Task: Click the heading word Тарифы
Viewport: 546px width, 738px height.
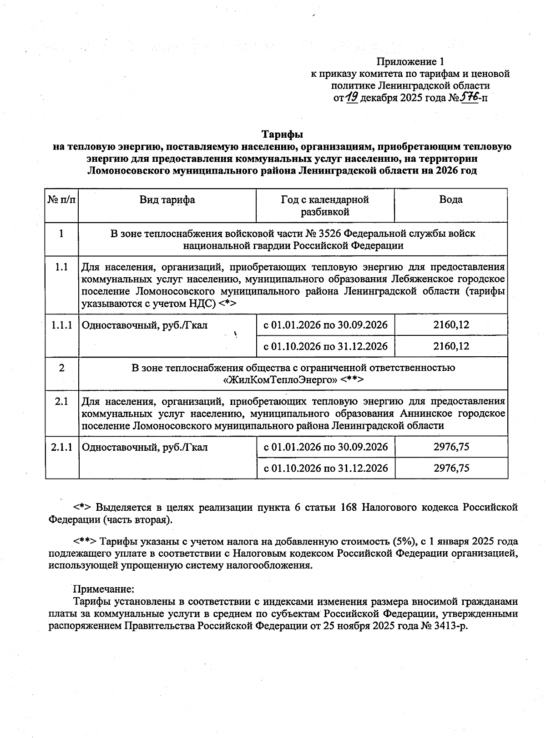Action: click(x=282, y=135)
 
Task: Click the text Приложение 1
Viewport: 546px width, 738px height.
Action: click(x=410, y=61)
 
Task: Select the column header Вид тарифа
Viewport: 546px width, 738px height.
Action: click(x=167, y=200)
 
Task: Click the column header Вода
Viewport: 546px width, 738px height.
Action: click(x=450, y=200)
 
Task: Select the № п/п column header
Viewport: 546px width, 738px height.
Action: click(x=61, y=200)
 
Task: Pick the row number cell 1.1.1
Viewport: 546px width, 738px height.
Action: click(x=61, y=325)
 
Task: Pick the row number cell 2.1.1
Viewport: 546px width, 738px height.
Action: click(x=62, y=447)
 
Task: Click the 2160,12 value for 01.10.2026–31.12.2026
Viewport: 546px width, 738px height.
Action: click(x=451, y=346)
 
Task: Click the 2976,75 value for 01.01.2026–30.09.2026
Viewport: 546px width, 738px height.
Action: click(x=451, y=447)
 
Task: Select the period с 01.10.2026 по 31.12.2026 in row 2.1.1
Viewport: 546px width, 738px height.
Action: click(x=326, y=468)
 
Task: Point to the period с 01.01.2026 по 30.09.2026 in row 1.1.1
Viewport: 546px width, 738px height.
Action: click(x=326, y=325)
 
